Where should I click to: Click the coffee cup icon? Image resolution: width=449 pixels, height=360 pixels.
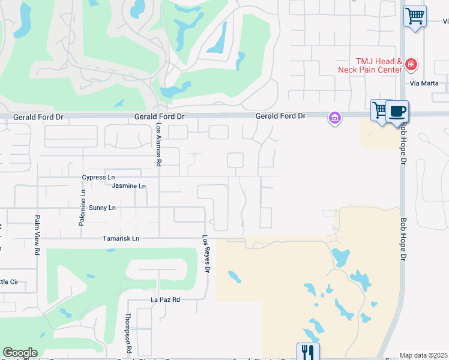coord(397,111)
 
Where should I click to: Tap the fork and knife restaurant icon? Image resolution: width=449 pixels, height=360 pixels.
coord(308,352)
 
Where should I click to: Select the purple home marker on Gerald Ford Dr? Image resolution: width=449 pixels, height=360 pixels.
coord(334,118)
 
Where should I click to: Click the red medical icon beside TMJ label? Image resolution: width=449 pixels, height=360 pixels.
coord(411,64)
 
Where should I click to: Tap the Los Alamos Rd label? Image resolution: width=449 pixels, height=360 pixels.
coord(159,146)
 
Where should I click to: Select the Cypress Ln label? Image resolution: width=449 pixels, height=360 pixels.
coord(98,178)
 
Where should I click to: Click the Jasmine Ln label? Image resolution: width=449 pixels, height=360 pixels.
coord(128,186)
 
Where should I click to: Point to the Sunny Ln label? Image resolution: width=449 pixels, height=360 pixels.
coord(102,208)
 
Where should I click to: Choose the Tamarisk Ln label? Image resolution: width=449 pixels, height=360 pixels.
coord(119,238)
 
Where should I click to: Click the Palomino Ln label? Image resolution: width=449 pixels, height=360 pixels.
coord(83,207)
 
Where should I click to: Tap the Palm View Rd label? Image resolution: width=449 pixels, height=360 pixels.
coord(37,235)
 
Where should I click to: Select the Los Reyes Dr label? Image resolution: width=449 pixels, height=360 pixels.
coord(205,254)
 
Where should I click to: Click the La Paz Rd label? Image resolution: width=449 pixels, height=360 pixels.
coord(165,299)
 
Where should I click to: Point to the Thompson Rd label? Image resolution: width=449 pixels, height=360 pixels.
coord(128,333)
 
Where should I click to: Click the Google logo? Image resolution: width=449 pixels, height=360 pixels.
coord(20,353)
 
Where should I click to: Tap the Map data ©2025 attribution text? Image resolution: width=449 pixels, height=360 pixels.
coord(423,355)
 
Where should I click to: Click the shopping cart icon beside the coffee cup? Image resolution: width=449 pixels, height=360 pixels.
coord(379,110)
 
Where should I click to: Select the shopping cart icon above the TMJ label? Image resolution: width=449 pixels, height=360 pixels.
coord(415,16)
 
